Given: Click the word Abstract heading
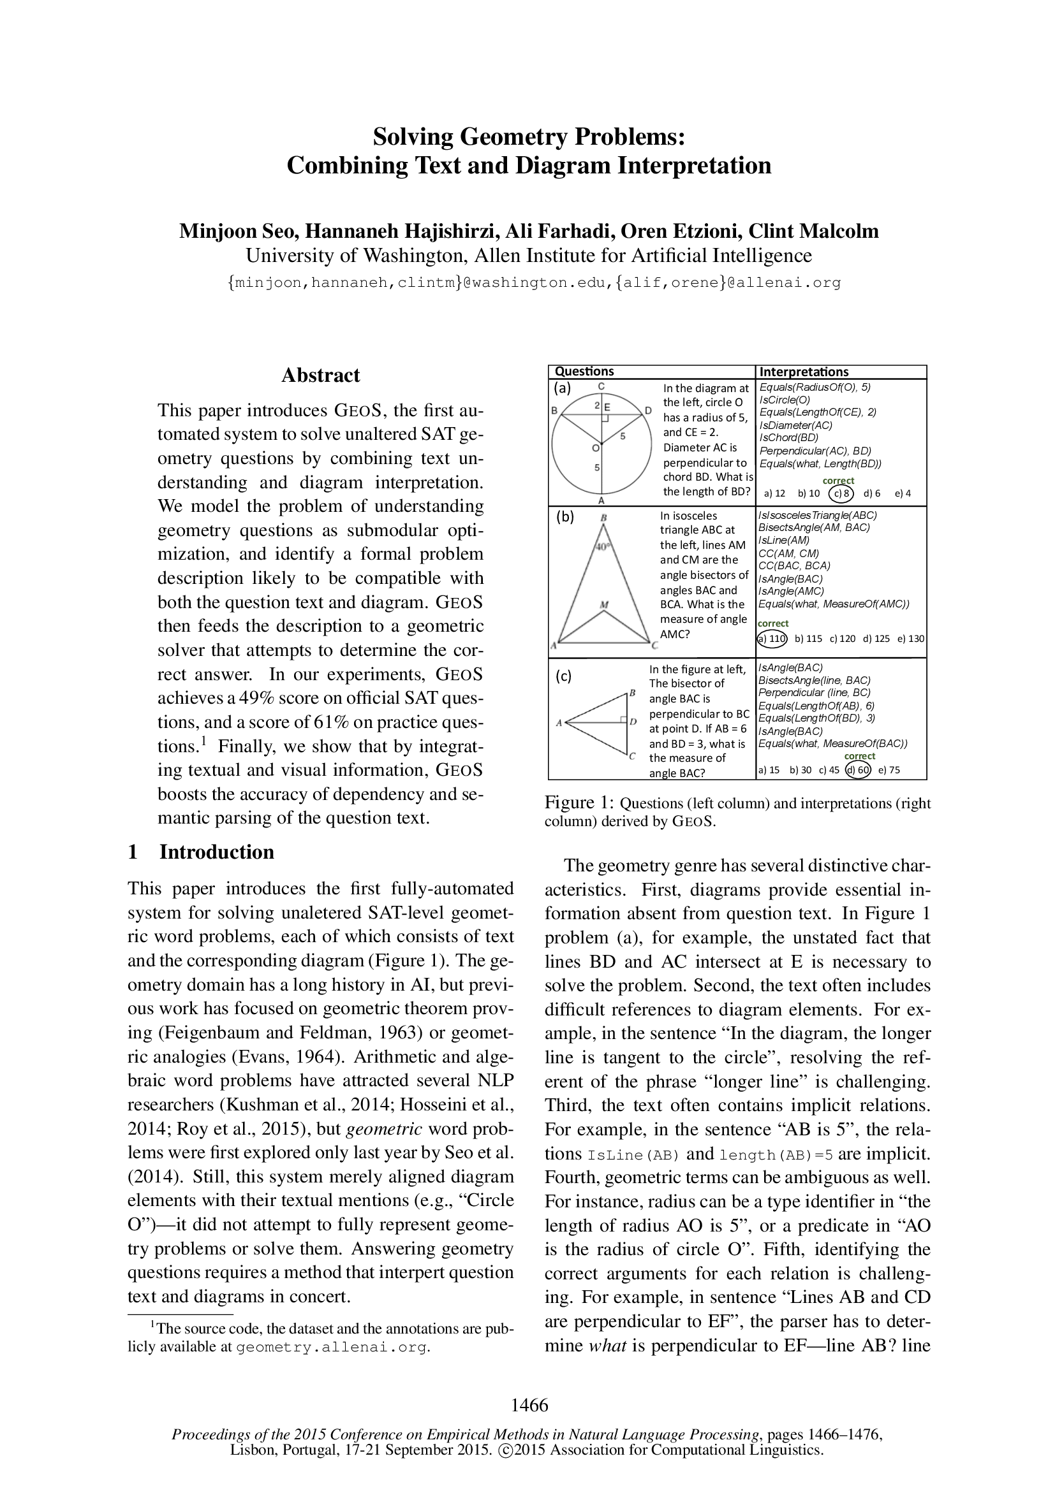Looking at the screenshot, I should (x=320, y=375).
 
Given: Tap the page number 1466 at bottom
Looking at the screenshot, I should (x=529, y=1405).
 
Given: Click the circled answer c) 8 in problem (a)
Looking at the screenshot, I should (x=841, y=493).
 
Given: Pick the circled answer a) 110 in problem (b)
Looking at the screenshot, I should (x=773, y=638).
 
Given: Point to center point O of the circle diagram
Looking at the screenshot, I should (x=596, y=447).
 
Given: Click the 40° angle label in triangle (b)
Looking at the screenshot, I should (x=604, y=547).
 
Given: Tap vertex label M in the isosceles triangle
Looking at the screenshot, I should (x=604, y=604).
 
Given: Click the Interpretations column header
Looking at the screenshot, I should (x=804, y=372).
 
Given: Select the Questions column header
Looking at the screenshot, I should (x=584, y=372).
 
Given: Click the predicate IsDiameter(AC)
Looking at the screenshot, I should (x=796, y=425).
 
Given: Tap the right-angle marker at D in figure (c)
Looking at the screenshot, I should (x=623, y=720).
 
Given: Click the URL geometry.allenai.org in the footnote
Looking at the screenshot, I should (x=331, y=1347).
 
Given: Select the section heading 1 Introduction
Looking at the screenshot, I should (x=202, y=852).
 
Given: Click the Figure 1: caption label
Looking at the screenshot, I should (x=578, y=803).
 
